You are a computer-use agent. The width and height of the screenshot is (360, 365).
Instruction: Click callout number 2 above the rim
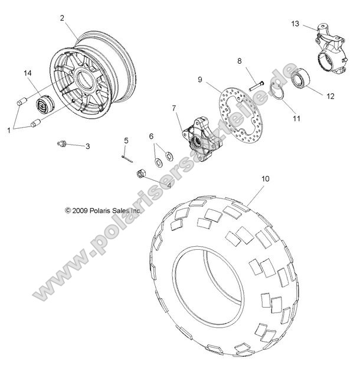click(x=61, y=18)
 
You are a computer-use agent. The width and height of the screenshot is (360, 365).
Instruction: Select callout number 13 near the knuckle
click(x=295, y=24)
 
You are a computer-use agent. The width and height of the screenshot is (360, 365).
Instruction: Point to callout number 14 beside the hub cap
click(x=27, y=73)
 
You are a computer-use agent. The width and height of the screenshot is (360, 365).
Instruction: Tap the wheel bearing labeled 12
click(x=302, y=78)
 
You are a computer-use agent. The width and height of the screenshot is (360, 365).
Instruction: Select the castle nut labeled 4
click(x=142, y=174)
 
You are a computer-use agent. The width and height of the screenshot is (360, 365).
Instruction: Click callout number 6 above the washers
click(x=151, y=136)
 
